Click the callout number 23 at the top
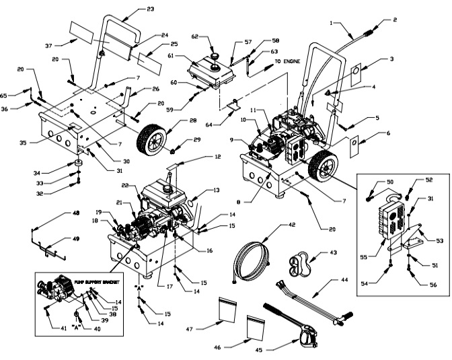[149, 9]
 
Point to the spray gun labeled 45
[303, 332]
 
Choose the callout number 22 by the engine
[126, 186]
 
